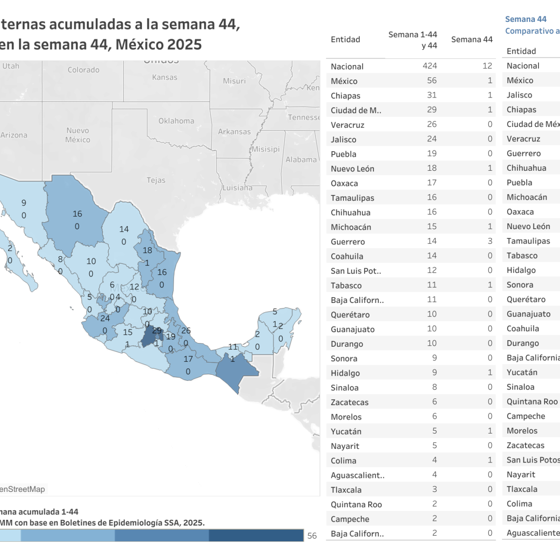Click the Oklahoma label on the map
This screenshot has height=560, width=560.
point(176,121)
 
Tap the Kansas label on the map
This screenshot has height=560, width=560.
point(164,77)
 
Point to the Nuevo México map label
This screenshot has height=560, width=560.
point(77,135)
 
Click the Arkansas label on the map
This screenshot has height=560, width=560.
point(234,132)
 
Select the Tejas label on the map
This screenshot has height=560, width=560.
point(156,180)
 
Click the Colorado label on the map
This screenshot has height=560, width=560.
point(83,70)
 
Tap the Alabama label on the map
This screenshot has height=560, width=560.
point(301,160)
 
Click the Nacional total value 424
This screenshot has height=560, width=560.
point(430,66)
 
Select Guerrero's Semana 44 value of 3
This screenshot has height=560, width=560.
point(490,241)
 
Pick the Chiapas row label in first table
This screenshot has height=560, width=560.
point(345,96)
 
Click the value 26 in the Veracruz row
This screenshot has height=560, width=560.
point(432,125)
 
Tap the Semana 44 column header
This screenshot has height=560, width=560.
point(472,40)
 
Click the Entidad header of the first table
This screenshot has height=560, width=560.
point(345,40)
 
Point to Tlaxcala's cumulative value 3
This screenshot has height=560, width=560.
point(434,490)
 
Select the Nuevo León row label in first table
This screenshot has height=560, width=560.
point(352,169)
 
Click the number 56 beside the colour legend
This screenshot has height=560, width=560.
point(312,536)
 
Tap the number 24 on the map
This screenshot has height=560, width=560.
point(105,318)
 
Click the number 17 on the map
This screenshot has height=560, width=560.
point(188,359)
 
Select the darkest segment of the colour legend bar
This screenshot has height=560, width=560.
point(256,535)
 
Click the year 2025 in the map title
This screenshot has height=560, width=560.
point(184,45)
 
